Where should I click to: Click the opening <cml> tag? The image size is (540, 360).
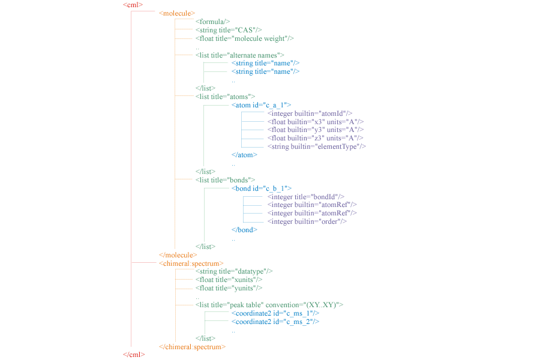(133, 5)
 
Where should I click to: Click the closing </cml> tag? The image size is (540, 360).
(134, 355)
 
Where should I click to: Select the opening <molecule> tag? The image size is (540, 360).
(177, 13)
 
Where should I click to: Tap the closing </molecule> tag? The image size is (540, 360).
(178, 255)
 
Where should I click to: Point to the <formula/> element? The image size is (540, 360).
(212, 22)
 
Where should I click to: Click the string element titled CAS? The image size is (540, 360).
(229, 31)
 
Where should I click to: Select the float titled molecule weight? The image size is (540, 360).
(245, 38)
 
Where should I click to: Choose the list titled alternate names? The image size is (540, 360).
(239, 55)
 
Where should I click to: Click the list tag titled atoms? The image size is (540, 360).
(225, 97)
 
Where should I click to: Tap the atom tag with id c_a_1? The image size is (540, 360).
(262, 106)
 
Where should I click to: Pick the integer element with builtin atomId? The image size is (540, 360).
(310, 113)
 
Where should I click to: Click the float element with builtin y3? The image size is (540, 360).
(316, 130)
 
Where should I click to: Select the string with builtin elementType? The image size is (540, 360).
(316, 147)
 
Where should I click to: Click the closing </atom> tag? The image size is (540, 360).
(245, 155)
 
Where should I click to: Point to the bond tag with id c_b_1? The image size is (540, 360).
(262, 189)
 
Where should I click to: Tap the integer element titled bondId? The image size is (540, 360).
(306, 197)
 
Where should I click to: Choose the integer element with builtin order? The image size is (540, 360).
(307, 222)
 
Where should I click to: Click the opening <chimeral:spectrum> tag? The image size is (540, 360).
(191, 264)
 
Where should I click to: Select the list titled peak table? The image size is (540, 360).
(269, 305)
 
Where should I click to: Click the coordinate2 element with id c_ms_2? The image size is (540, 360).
(275, 322)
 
